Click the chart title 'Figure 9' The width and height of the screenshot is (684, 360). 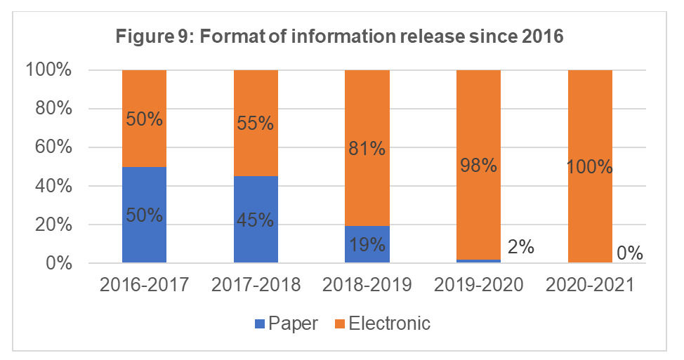coord(341,37)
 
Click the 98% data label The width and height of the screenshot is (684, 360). coord(478,166)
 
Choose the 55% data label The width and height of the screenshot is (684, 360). coord(256,124)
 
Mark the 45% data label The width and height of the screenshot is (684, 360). coord(256,220)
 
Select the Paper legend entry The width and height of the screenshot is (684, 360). coord(287,324)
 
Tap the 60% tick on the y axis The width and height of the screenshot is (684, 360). coord(48,147)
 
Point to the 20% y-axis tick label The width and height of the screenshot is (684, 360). coord(48,225)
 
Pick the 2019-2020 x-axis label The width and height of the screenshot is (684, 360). coord(478,286)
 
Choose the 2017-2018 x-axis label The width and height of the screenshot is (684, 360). coord(256,286)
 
